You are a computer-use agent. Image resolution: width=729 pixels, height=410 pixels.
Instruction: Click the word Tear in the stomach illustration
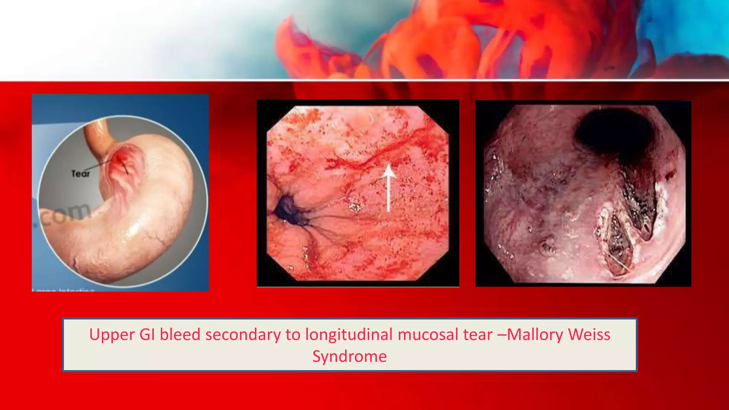(x=81, y=174)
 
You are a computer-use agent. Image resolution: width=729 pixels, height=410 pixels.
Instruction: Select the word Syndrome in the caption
(x=350, y=356)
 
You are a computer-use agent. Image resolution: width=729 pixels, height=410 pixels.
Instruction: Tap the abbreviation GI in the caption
(x=147, y=335)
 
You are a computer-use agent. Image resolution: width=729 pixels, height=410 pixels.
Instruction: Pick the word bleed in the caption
(x=180, y=335)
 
